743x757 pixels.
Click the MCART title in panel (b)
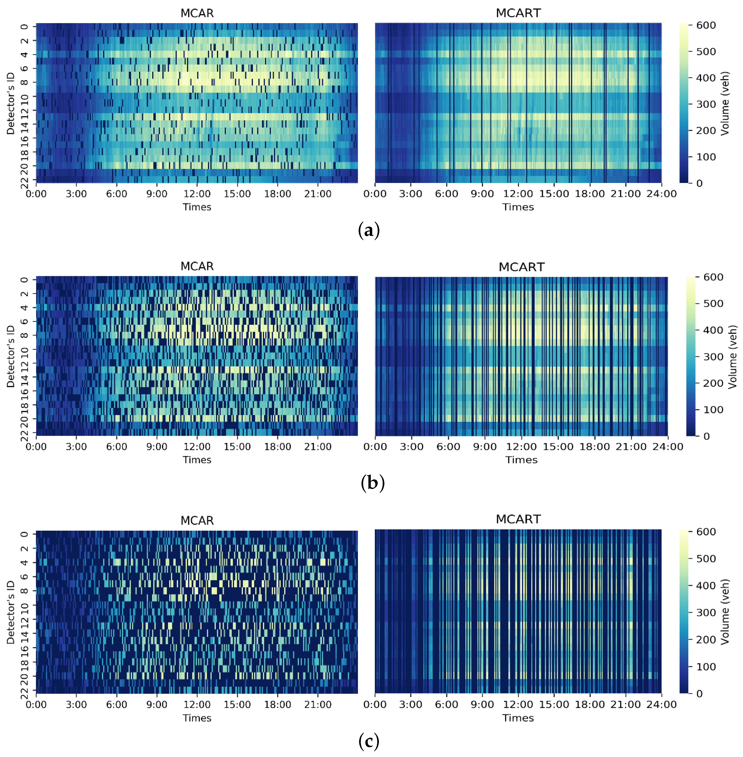click(521, 267)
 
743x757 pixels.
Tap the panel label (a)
click(368, 230)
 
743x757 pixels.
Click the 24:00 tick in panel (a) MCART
click(662, 194)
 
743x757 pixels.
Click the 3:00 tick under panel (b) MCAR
click(76, 447)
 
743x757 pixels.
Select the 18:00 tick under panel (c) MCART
click(590, 705)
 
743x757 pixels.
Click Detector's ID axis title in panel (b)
click(10, 356)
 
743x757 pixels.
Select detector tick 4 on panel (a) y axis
click(24, 54)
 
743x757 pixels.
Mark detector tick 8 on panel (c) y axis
click(24, 590)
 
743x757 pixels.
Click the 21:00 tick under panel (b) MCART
click(631, 447)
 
